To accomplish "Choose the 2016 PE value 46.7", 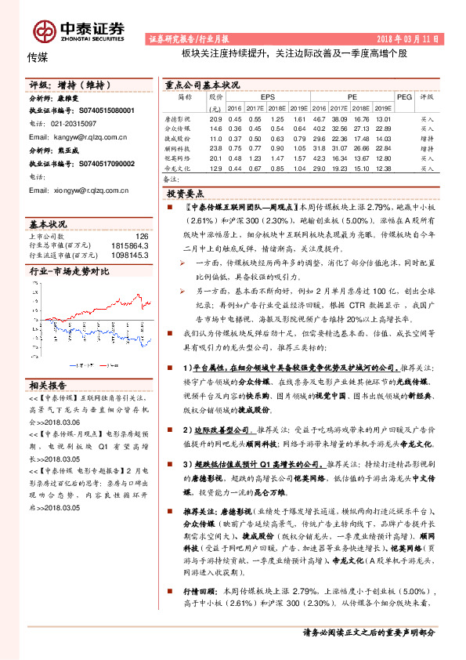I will point(320,118).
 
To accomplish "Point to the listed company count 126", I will point(142,236).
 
